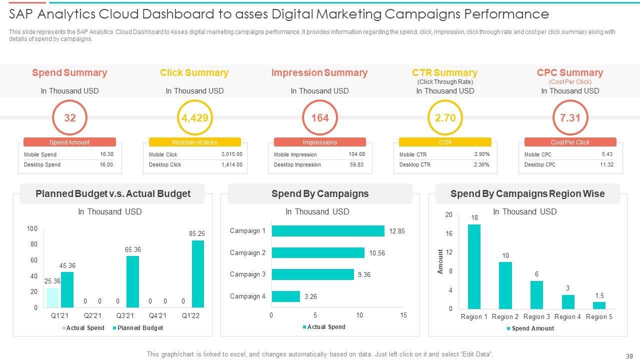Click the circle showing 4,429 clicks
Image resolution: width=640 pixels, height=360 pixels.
pyautogui.click(x=194, y=118)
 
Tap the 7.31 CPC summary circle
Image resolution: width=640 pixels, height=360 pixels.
pyautogui.click(x=570, y=118)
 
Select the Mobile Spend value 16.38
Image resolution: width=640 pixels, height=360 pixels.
pyautogui.click(x=106, y=154)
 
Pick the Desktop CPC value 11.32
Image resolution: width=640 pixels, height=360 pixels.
pyautogui.click(x=606, y=164)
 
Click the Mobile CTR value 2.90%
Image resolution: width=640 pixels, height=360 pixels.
pyautogui.click(x=482, y=154)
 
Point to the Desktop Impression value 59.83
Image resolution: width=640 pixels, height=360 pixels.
pyautogui.click(x=356, y=164)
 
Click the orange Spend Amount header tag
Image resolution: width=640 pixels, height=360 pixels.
pyautogui.click(x=69, y=142)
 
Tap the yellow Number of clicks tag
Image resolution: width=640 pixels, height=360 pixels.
pyautogui.click(x=194, y=142)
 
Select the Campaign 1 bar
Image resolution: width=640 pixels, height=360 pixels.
pyautogui.click(x=328, y=231)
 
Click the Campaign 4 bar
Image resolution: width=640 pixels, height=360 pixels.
pyautogui.click(x=285, y=296)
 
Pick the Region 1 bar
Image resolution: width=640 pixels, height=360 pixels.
pyautogui.click(x=474, y=266)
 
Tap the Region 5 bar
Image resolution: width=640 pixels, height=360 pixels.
pyautogui.click(x=599, y=305)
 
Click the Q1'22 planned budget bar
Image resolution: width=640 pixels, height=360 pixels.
pyautogui.click(x=198, y=274)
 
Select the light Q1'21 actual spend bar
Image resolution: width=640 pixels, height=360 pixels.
pyautogui.click(x=52, y=297)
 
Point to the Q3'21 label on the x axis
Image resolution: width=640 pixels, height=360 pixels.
pyautogui.click(x=125, y=316)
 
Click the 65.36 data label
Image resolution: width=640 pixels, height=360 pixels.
pyautogui.click(x=133, y=249)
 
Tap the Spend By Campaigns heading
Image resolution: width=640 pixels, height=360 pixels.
pyautogui.click(x=320, y=194)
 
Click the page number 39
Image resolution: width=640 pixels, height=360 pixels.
pyautogui.click(x=629, y=356)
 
